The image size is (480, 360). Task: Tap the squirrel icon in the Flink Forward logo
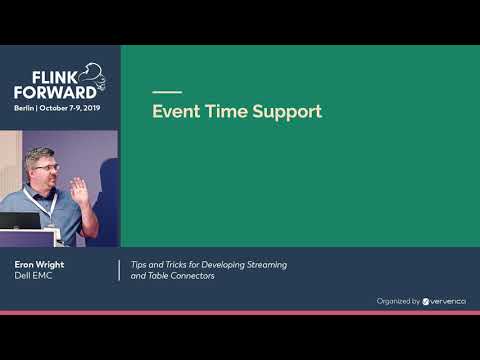tap(93, 72)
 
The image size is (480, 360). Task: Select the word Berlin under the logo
tap(26, 106)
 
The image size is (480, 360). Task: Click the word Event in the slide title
tap(174, 112)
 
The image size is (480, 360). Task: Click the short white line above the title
tap(166, 92)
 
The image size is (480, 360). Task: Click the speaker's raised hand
tap(79, 189)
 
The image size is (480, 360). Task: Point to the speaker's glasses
tap(48, 167)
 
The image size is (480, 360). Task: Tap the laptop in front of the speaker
tap(20, 221)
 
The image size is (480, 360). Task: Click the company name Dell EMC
tap(32, 275)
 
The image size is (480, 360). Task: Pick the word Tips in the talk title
tap(140, 264)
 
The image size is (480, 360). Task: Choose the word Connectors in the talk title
tap(193, 275)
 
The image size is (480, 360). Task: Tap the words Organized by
tap(397, 300)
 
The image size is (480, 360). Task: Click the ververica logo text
tap(445, 300)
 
